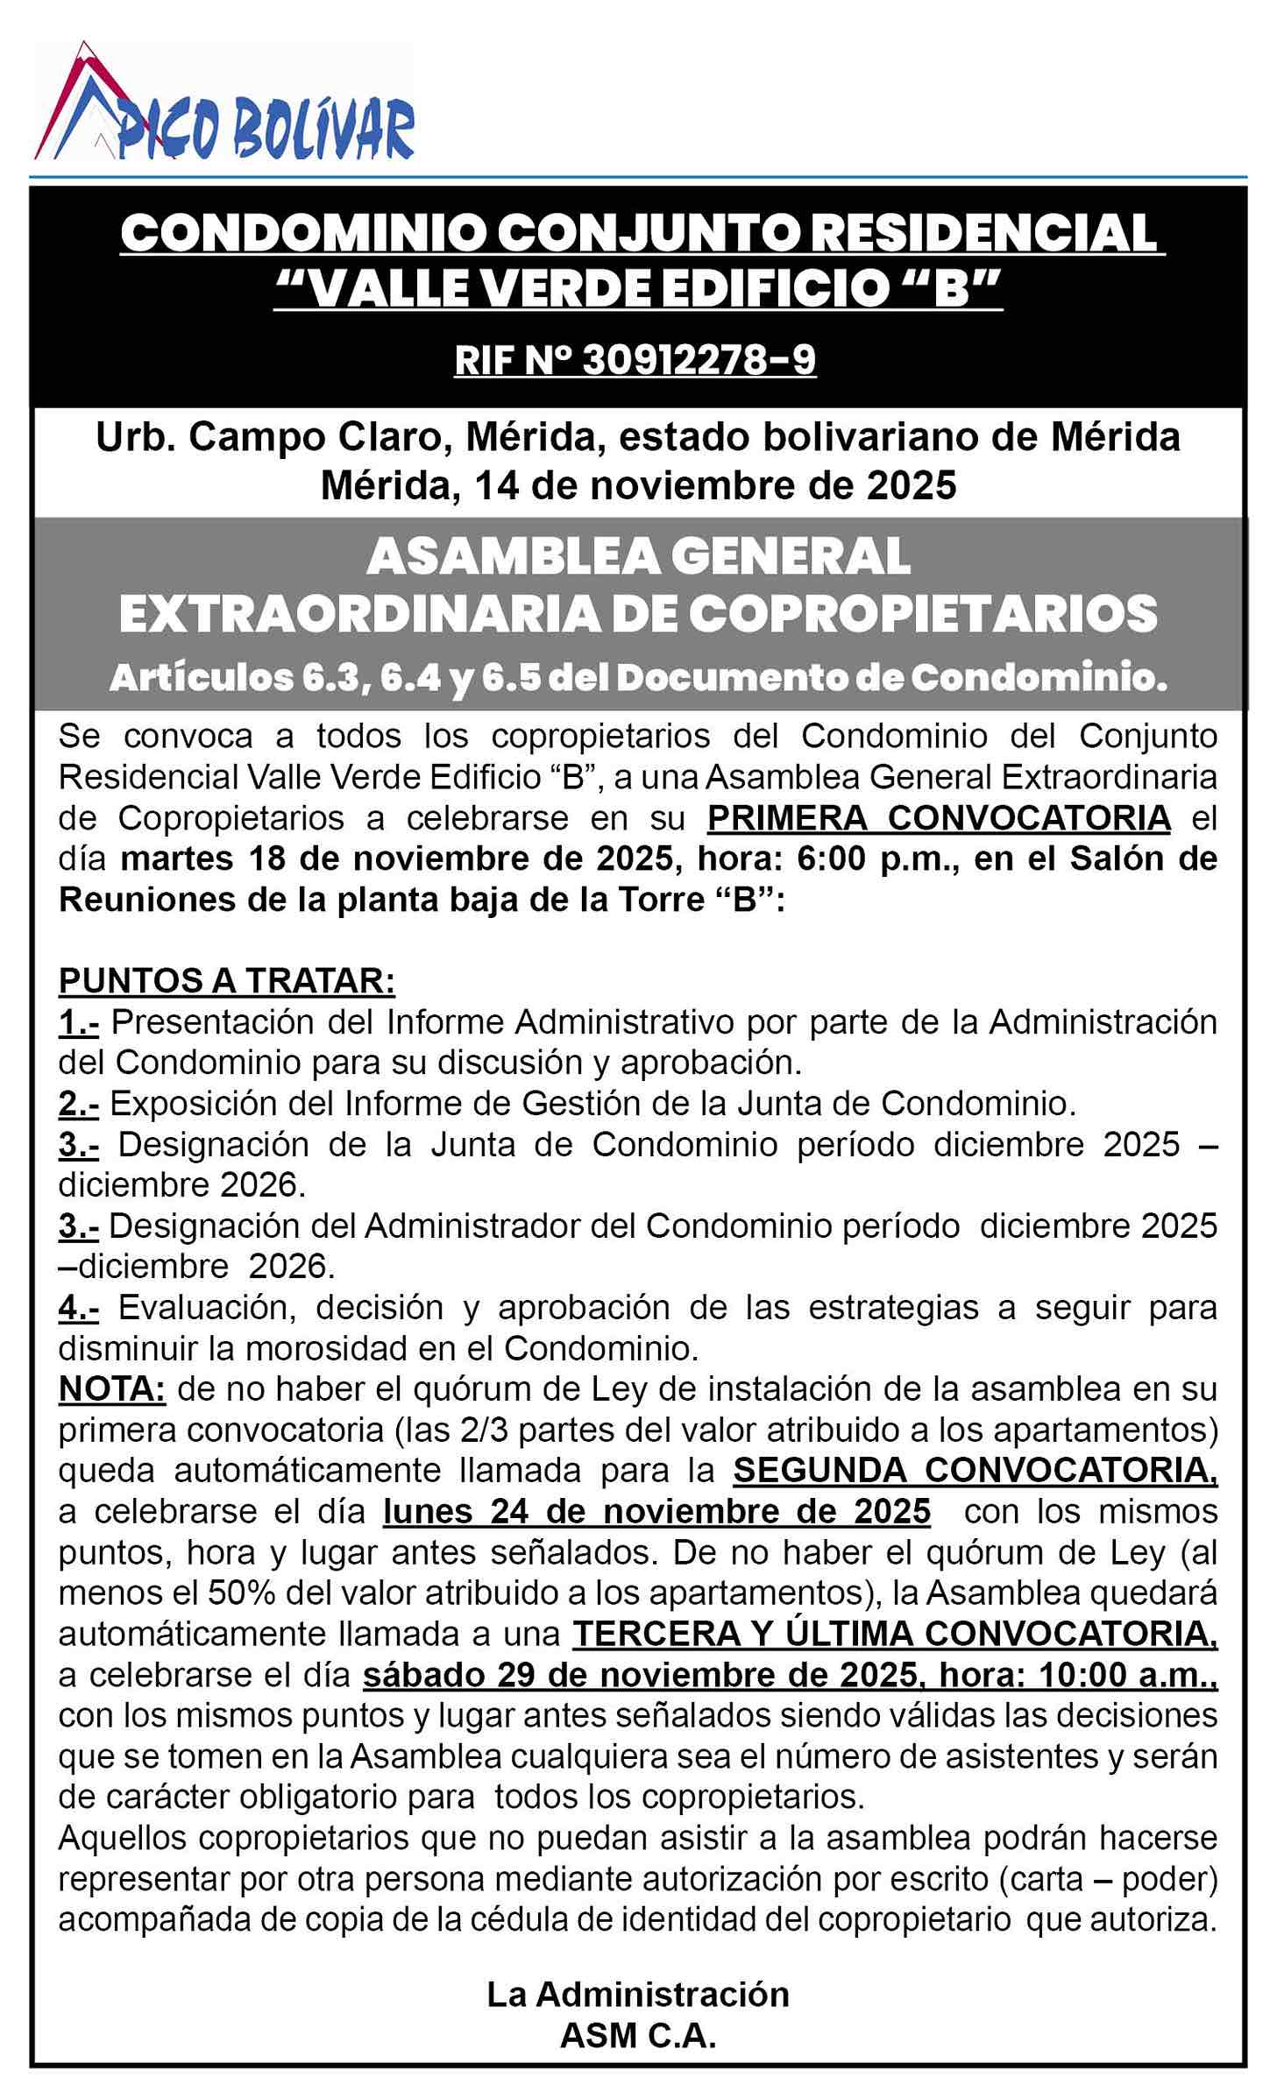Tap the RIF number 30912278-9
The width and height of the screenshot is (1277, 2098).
[x=635, y=360]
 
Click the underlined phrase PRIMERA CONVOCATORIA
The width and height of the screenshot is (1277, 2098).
[x=939, y=817]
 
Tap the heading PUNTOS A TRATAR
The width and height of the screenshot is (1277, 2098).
[x=226, y=981]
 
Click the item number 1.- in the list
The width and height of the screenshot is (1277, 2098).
[x=78, y=1021]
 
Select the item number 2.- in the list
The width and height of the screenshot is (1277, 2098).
[x=78, y=1103]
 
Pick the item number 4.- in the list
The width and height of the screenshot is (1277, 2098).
[x=78, y=1307]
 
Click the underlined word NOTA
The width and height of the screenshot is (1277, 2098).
[x=111, y=1388]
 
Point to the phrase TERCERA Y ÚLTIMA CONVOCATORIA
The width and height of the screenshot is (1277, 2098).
[x=894, y=1634]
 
